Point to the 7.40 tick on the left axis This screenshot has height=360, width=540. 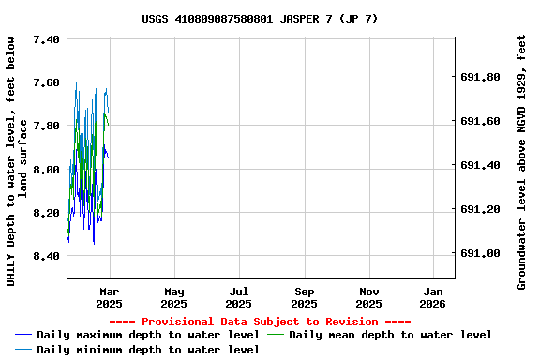coord(46,39)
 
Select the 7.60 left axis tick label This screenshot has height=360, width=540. coord(46,82)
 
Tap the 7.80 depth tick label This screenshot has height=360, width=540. coord(46,126)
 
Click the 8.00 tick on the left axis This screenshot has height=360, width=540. coord(46,169)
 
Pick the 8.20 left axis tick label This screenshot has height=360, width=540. coord(46,213)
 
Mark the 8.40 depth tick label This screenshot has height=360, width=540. coord(46,256)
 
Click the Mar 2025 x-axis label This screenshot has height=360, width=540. coord(109,297)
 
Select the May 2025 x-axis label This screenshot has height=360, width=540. coord(173,297)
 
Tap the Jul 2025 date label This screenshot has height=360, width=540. coord(239,297)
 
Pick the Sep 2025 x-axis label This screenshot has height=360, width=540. coord(304,297)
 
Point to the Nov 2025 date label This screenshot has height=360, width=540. coord(369,297)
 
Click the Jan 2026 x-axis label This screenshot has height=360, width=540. coord(433,297)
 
